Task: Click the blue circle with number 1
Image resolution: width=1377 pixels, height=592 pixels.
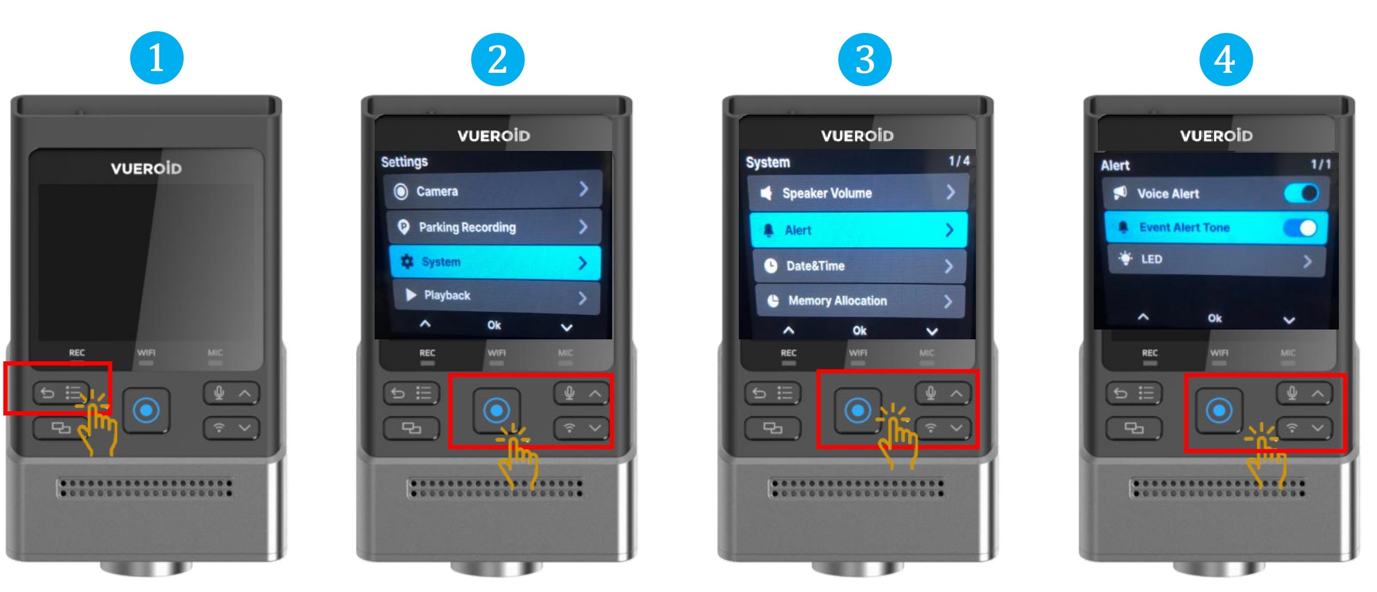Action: [157, 58]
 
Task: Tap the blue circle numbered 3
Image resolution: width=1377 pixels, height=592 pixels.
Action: [865, 59]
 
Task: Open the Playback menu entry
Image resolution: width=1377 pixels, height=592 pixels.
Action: [496, 296]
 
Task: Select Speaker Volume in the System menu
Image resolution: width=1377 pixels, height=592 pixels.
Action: [857, 193]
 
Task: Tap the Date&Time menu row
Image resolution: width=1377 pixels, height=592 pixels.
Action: [859, 266]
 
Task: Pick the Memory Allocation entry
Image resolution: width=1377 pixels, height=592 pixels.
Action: [860, 301]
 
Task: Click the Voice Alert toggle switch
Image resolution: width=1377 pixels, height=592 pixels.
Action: [1301, 193]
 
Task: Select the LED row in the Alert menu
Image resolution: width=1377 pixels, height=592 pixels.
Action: [1217, 260]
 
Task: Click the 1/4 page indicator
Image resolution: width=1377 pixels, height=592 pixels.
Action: [959, 161]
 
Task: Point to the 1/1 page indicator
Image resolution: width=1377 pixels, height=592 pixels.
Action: [1321, 164]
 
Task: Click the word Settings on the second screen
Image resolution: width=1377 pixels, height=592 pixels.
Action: [404, 162]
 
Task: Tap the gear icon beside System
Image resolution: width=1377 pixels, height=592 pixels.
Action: [407, 261]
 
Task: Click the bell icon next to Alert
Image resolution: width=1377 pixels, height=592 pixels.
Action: [768, 230]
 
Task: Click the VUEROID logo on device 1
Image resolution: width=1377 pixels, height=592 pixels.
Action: [146, 168]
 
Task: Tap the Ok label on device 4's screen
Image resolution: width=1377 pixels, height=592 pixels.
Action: [1215, 318]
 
